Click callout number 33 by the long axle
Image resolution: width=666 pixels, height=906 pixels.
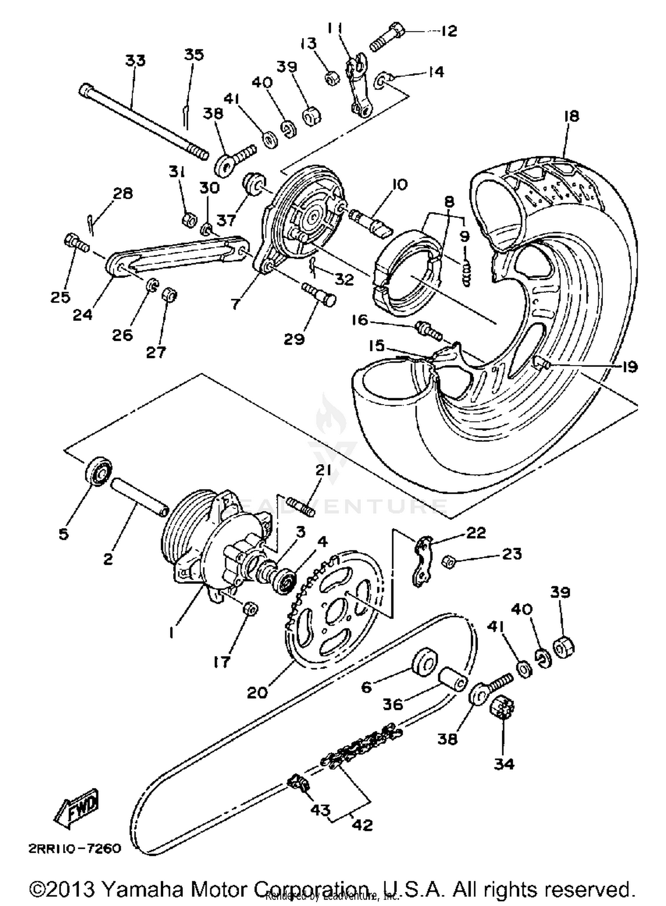tap(135, 60)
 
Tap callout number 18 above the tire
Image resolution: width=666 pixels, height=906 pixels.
tap(571, 116)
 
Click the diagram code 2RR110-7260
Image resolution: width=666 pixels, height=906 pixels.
tap(75, 849)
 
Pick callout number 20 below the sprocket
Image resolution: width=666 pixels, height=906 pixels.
tap(258, 692)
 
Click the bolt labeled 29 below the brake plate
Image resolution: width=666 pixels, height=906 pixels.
tap(319, 294)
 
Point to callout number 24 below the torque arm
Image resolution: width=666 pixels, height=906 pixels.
tap(83, 315)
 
